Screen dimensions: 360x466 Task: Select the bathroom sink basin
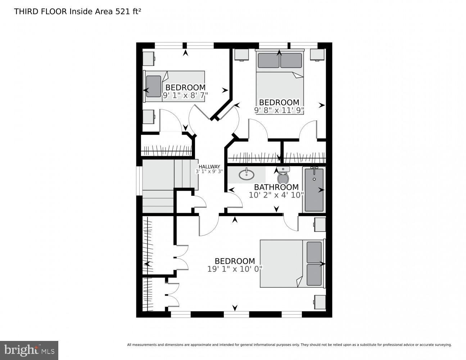pyautogui.click(x=246, y=175)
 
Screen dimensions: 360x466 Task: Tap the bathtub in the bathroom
pyautogui.click(x=314, y=190)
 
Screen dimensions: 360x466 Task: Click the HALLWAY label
pyautogui.click(x=209, y=166)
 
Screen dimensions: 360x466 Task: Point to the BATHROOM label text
pyautogui.click(x=276, y=187)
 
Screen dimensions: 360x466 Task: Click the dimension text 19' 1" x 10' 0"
pyautogui.click(x=235, y=269)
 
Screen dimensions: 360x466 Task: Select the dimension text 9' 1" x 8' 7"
pyautogui.click(x=185, y=95)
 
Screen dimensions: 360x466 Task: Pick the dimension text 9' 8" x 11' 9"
pyautogui.click(x=279, y=110)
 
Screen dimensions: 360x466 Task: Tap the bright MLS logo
pyautogui.click(x=29, y=350)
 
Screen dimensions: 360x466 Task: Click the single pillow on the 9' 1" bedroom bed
pyautogui.click(x=154, y=86)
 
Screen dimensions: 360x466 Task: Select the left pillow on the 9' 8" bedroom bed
pyautogui.click(x=268, y=60)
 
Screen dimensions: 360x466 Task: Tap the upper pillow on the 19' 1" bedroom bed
pyautogui.click(x=314, y=252)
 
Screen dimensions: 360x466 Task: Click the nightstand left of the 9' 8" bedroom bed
pyautogui.click(x=241, y=54)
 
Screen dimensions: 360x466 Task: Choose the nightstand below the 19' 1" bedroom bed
pyautogui.click(x=320, y=302)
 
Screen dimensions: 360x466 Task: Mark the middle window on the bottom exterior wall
pyautogui.click(x=236, y=315)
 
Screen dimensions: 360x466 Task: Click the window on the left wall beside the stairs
pyautogui.click(x=139, y=181)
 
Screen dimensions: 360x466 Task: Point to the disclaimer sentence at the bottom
pyautogui.click(x=289, y=345)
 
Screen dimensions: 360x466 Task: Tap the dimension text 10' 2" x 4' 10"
pyautogui.click(x=276, y=195)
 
